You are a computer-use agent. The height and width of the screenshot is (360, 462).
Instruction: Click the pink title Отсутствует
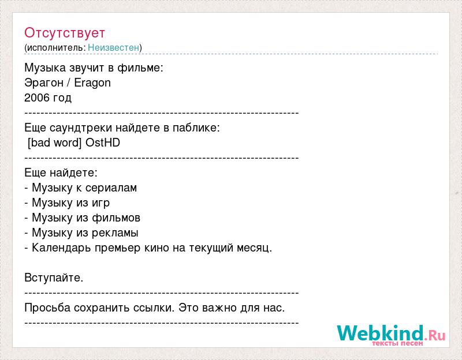click(x=65, y=33)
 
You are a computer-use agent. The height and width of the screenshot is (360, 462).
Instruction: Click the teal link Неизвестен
click(x=113, y=47)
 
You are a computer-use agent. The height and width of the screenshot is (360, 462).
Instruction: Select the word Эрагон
click(x=44, y=82)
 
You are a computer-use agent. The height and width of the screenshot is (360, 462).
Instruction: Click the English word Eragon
click(x=92, y=82)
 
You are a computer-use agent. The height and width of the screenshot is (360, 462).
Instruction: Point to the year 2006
click(x=37, y=97)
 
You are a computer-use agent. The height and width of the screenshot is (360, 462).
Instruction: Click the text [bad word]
click(x=54, y=142)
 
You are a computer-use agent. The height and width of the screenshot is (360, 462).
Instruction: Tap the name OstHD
click(x=103, y=142)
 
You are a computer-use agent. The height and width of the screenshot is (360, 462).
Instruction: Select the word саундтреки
click(x=81, y=128)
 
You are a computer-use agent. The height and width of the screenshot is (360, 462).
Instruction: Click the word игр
click(x=100, y=203)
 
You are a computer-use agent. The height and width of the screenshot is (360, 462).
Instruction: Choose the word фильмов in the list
click(x=116, y=218)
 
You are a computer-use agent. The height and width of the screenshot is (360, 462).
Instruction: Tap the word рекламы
click(x=115, y=233)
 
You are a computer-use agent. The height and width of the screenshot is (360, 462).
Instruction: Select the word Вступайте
click(x=54, y=277)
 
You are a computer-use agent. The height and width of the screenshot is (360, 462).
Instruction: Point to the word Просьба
click(x=47, y=307)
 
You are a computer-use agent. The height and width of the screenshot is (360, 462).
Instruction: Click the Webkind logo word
click(x=381, y=333)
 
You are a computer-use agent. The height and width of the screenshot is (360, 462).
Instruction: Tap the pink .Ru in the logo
click(x=435, y=335)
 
